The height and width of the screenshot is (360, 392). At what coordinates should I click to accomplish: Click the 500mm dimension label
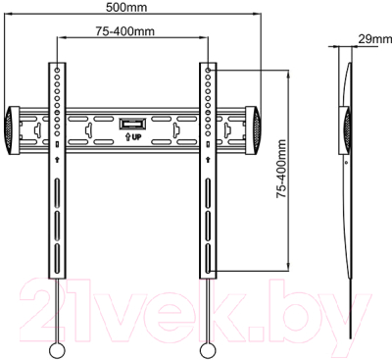coord(126,7)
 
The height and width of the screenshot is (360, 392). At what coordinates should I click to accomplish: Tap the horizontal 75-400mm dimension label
coord(125,31)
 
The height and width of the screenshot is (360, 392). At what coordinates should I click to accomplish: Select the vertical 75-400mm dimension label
coord(281,169)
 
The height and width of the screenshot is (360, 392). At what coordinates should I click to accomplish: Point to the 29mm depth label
coord(375,39)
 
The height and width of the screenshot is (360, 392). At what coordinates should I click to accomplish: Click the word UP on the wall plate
coord(136,136)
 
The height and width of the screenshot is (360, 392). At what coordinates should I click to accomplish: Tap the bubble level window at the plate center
coord(132,125)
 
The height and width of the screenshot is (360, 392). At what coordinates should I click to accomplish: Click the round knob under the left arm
coord(58,350)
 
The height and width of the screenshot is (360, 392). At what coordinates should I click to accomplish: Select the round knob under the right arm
coord(208,350)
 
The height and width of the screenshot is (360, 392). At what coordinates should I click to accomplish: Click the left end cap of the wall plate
coord(12,130)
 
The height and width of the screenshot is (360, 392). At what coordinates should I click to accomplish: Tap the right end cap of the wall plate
coord(253,130)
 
